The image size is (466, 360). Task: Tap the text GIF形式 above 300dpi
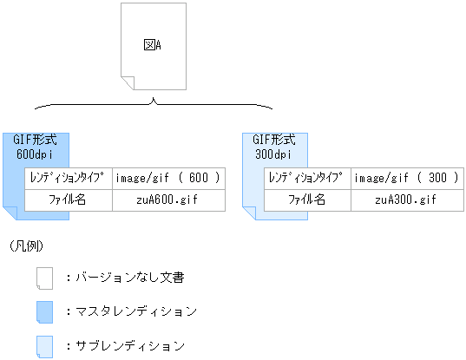click(273, 140)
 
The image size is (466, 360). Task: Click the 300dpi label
click(273, 154)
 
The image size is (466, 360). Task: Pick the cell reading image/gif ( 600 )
click(167, 178)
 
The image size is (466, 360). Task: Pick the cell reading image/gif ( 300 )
click(407, 178)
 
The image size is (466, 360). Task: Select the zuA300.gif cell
click(406, 200)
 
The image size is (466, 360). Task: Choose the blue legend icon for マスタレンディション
click(44, 311)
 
